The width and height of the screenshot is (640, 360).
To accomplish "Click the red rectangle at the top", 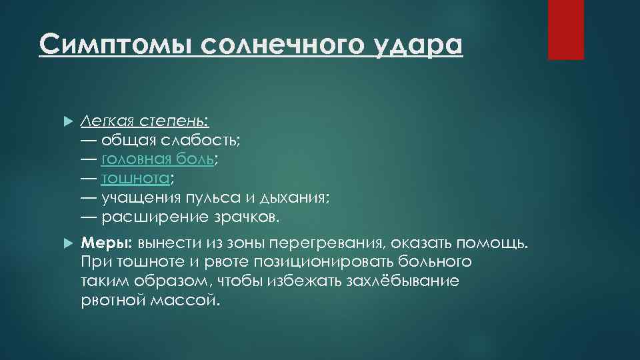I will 565,29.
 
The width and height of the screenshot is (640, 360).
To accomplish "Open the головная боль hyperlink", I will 157,159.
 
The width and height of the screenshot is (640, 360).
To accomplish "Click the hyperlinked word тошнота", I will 135,179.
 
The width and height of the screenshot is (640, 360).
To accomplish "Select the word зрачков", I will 243,217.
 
